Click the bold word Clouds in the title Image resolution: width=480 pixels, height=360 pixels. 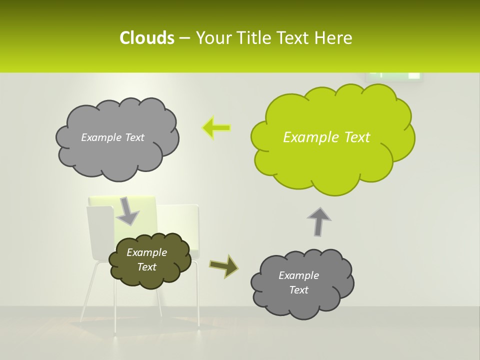coord(146,38)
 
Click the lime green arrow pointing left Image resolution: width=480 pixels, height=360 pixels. coord(216,128)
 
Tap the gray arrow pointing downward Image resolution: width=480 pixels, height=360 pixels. coord(127,211)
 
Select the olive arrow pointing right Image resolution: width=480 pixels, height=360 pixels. coord(223,266)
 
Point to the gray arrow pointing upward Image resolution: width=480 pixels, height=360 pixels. coord(318,221)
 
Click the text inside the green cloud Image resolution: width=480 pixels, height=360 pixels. coord(326,137)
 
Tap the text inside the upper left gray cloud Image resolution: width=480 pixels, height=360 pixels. coord(112,137)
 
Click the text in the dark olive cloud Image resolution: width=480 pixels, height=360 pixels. coord(146,260)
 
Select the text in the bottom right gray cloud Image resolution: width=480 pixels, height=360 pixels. coord(298,282)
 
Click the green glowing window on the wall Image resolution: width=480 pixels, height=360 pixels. coord(395,75)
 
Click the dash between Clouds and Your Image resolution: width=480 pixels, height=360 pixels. coord(184,38)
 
